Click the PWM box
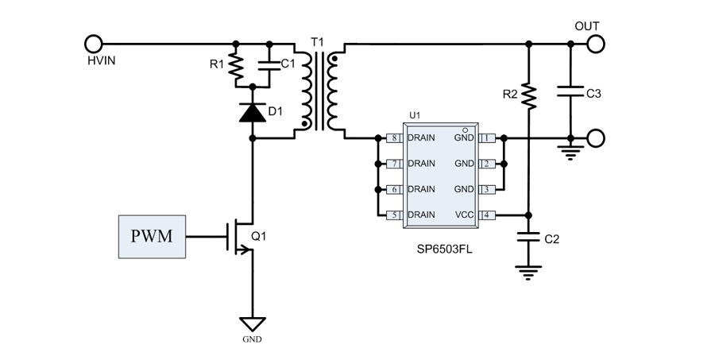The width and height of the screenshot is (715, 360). (153, 236)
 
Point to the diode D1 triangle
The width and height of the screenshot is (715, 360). (253, 113)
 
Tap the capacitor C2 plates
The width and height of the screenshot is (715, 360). (528, 236)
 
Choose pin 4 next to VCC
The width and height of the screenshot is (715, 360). (487, 215)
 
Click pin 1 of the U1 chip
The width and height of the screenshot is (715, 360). (487, 138)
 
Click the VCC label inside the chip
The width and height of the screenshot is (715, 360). (463, 215)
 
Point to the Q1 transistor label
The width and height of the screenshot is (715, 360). (261, 236)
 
